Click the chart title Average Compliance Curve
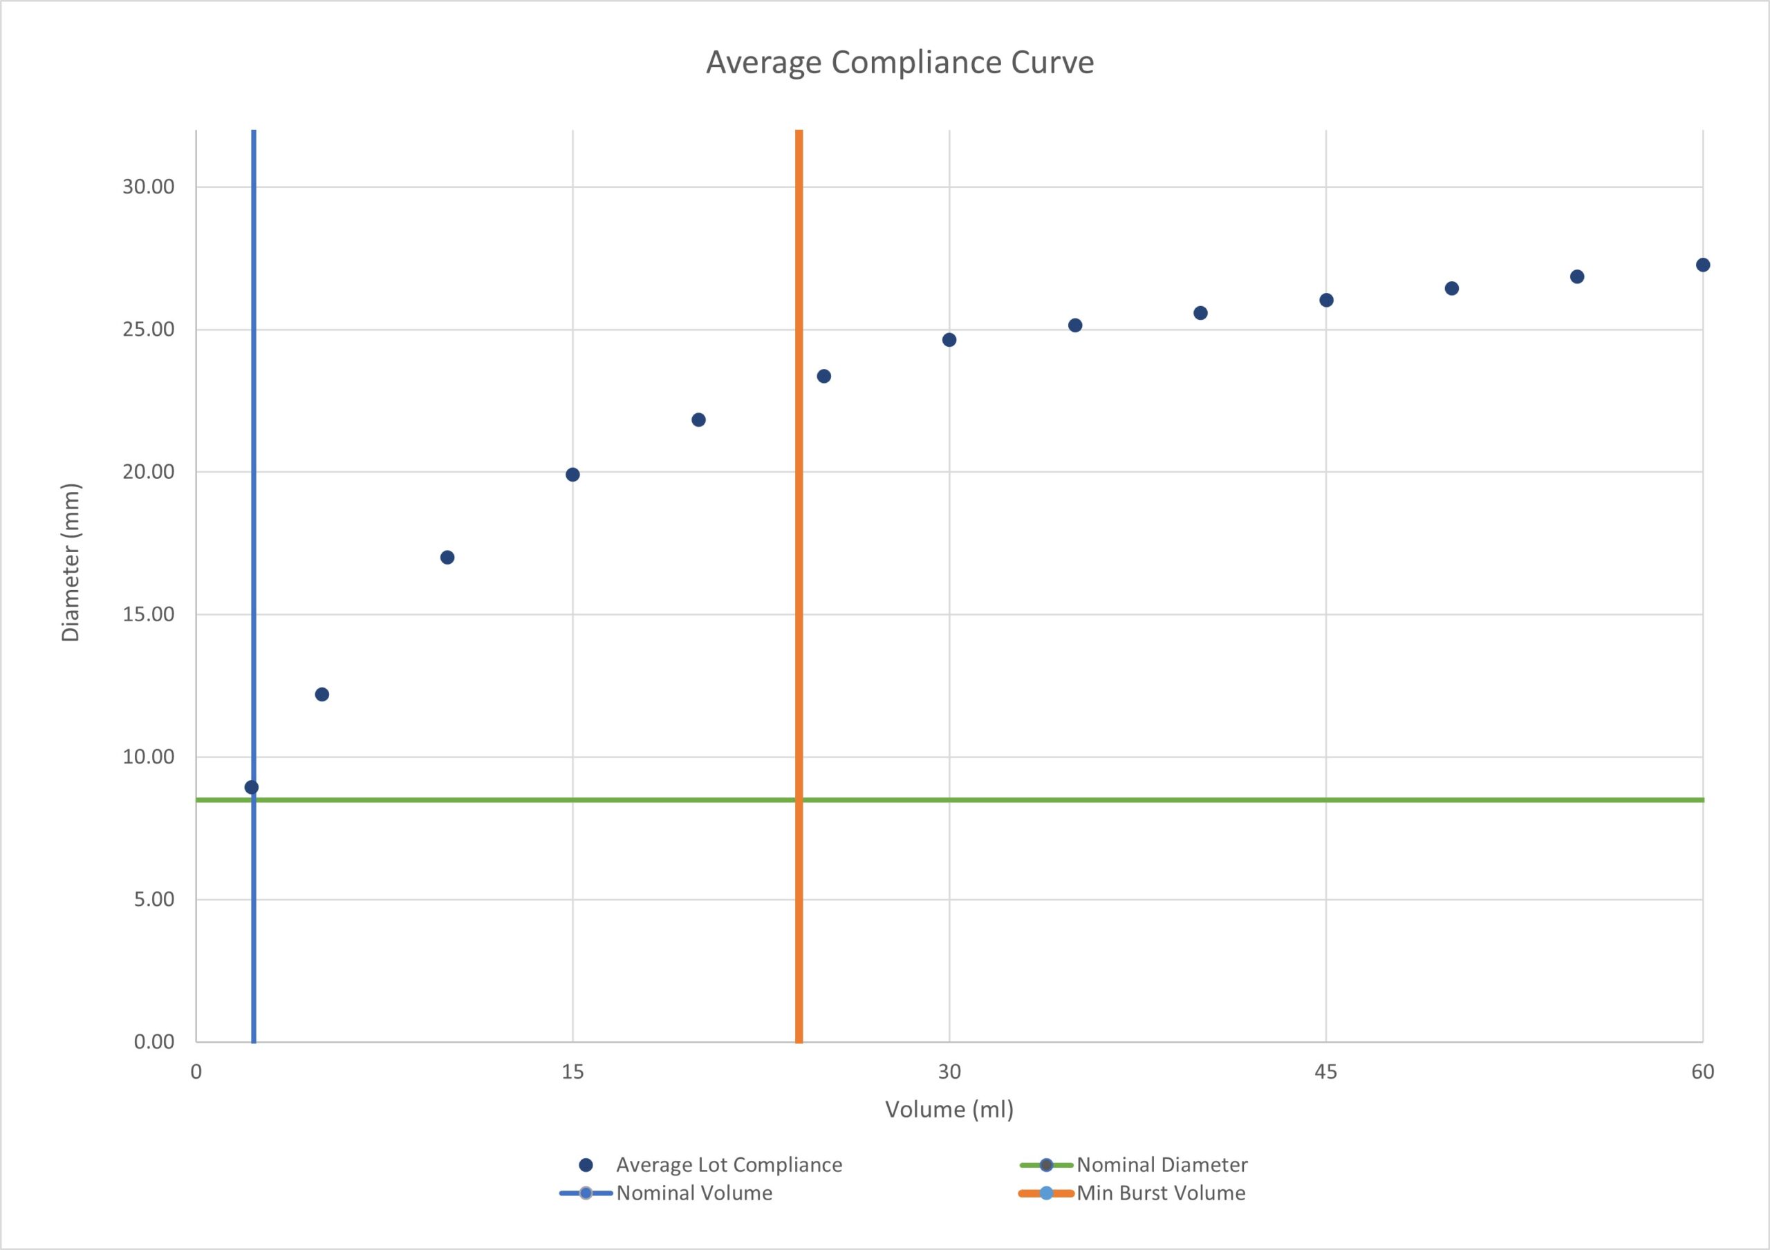click(x=900, y=62)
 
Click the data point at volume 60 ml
click(x=1703, y=265)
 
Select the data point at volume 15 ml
click(x=572, y=475)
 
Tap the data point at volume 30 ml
click(x=949, y=340)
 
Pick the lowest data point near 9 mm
click(x=251, y=787)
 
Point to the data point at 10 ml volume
click(x=447, y=557)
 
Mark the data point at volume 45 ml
click(x=1326, y=301)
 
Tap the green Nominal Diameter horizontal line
click(x=1156, y=800)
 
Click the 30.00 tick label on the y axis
click(x=148, y=187)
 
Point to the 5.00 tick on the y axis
click(x=154, y=900)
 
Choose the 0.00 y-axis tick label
click(x=154, y=1042)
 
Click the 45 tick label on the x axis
click(x=1326, y=1072)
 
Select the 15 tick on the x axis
click(x=572, y=1072)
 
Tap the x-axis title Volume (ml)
click(x=949, y=1110)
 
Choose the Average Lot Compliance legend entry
click(x=728, y=1164)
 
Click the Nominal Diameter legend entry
click(x=1161, y=1164)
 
